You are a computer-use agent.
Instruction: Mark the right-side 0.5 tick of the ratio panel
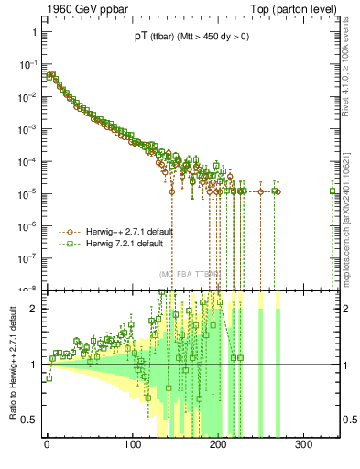pos(348,420)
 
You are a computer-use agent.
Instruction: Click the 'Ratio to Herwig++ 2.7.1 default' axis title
pos(12,365)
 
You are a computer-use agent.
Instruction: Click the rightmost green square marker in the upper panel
pos(333,191)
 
